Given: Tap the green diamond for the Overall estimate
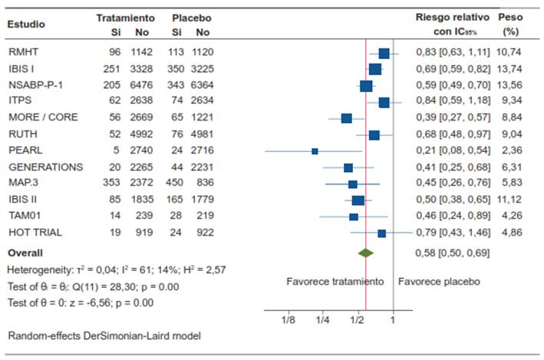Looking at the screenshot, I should (x=366, y=252).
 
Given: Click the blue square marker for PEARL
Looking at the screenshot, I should (x=315, y=151).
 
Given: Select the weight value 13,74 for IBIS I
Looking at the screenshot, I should (x=509, y=68).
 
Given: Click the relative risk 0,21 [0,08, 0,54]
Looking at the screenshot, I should (x=453, y=150).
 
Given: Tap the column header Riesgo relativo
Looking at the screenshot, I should (x=453, y=17).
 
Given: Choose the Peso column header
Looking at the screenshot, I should (x=510, y=17).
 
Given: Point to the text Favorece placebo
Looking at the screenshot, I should (x=439, y=281).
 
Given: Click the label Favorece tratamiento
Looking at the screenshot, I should (x=335, y=281).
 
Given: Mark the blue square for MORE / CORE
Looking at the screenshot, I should (x=346, y=118).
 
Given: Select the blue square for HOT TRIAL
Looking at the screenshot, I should (x=381, y=233).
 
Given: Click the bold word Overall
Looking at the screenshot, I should (x=25, y=252).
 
